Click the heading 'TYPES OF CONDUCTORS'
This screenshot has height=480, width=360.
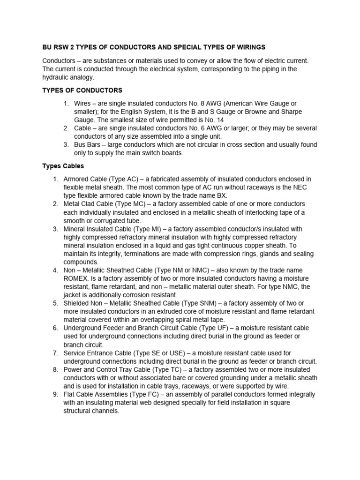click(82, 90)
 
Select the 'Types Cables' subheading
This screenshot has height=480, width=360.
click(63, 166)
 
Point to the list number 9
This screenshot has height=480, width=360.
click(55, 394)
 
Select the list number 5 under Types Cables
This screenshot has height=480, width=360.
click(55, 303)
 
